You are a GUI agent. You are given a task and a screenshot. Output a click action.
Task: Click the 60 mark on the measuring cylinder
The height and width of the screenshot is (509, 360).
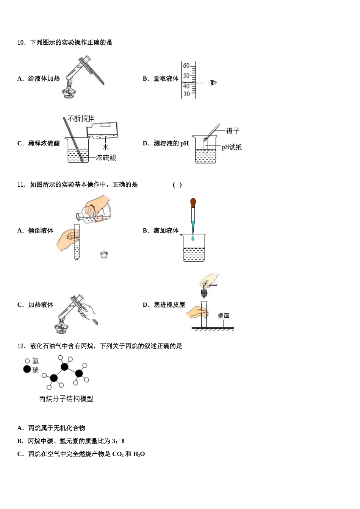186,66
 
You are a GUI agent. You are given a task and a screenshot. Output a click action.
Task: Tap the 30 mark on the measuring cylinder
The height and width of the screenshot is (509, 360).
186,94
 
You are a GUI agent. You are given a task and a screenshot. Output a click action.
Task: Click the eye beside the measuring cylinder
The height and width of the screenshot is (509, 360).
214,83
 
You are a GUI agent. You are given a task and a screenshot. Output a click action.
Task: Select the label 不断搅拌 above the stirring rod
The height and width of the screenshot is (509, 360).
81,119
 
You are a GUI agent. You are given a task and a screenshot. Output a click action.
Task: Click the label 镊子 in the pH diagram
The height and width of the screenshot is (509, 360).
233,131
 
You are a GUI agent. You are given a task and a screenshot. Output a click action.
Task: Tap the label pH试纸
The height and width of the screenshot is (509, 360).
232,147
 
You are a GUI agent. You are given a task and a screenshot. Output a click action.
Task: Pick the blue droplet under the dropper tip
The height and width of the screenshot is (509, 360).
193,238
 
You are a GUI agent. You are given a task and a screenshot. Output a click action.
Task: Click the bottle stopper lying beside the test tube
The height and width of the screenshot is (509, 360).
104,254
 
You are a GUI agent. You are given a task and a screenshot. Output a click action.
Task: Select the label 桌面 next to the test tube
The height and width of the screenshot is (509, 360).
224,316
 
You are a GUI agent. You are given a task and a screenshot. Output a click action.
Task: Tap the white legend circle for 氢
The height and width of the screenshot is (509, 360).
27,361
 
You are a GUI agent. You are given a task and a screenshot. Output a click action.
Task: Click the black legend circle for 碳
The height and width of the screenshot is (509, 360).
27,369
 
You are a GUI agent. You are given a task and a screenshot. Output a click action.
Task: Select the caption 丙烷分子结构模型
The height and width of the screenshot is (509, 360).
66,399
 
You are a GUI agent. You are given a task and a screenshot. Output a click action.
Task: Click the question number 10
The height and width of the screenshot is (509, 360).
21,42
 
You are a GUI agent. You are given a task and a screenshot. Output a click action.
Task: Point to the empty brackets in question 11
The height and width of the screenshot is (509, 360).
177,185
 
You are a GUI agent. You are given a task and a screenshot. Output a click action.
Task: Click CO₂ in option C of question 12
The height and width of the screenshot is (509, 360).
118,454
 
